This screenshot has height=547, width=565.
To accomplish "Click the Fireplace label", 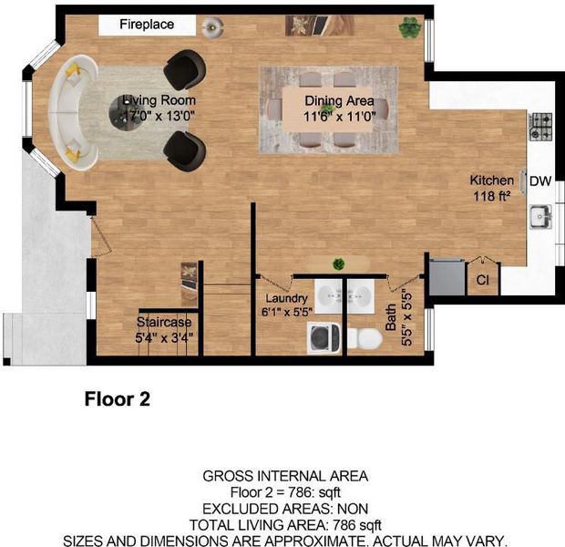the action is (147, 25).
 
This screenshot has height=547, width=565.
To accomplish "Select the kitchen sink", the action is (540, 216).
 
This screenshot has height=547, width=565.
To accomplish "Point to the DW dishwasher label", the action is (540, 181).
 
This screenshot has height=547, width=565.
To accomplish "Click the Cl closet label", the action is (482, 280).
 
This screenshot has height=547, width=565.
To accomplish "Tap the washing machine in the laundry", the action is (324, 338).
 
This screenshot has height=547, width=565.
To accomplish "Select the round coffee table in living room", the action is (127, 114).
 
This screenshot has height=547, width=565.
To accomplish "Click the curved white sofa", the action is (73, 112).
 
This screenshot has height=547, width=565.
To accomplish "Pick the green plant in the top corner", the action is (410, 27).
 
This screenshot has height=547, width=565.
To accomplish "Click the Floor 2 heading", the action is (118, 399).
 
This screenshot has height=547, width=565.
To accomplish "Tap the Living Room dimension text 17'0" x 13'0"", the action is (159, 116).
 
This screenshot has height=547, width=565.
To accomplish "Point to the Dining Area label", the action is (339, 100).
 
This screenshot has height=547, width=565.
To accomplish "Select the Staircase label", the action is (164, 322).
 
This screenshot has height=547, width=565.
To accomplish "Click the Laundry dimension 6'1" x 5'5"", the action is (287, 312).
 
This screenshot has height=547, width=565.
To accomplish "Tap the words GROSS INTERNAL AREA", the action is (285, 476).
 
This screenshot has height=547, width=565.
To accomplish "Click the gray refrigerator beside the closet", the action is (447, 276).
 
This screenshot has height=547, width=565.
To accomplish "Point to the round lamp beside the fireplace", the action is (212, 27).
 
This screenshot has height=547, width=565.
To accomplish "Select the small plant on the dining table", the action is (327, 108).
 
